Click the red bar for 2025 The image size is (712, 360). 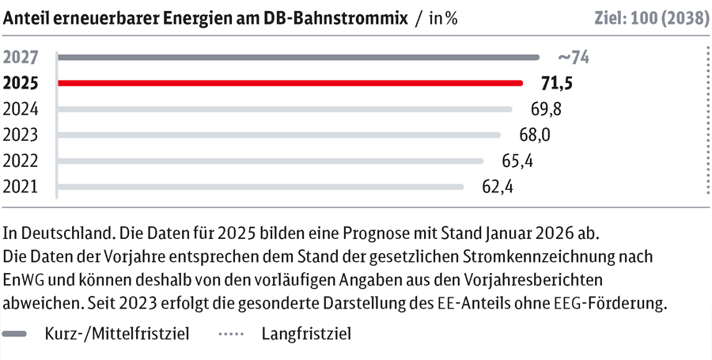[x=290, y=83]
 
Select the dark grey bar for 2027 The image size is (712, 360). [x=298, y=57]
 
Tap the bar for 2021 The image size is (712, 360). [x=261, y=188]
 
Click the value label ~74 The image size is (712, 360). [x=574, y=57]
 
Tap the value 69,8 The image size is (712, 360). [x=545, y=109]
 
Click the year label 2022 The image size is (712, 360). [x=21, y=161]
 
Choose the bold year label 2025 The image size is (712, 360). [x=21, y=83]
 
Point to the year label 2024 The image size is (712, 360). [x=21, y=109]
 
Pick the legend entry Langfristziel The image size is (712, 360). [x=305, y=333]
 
